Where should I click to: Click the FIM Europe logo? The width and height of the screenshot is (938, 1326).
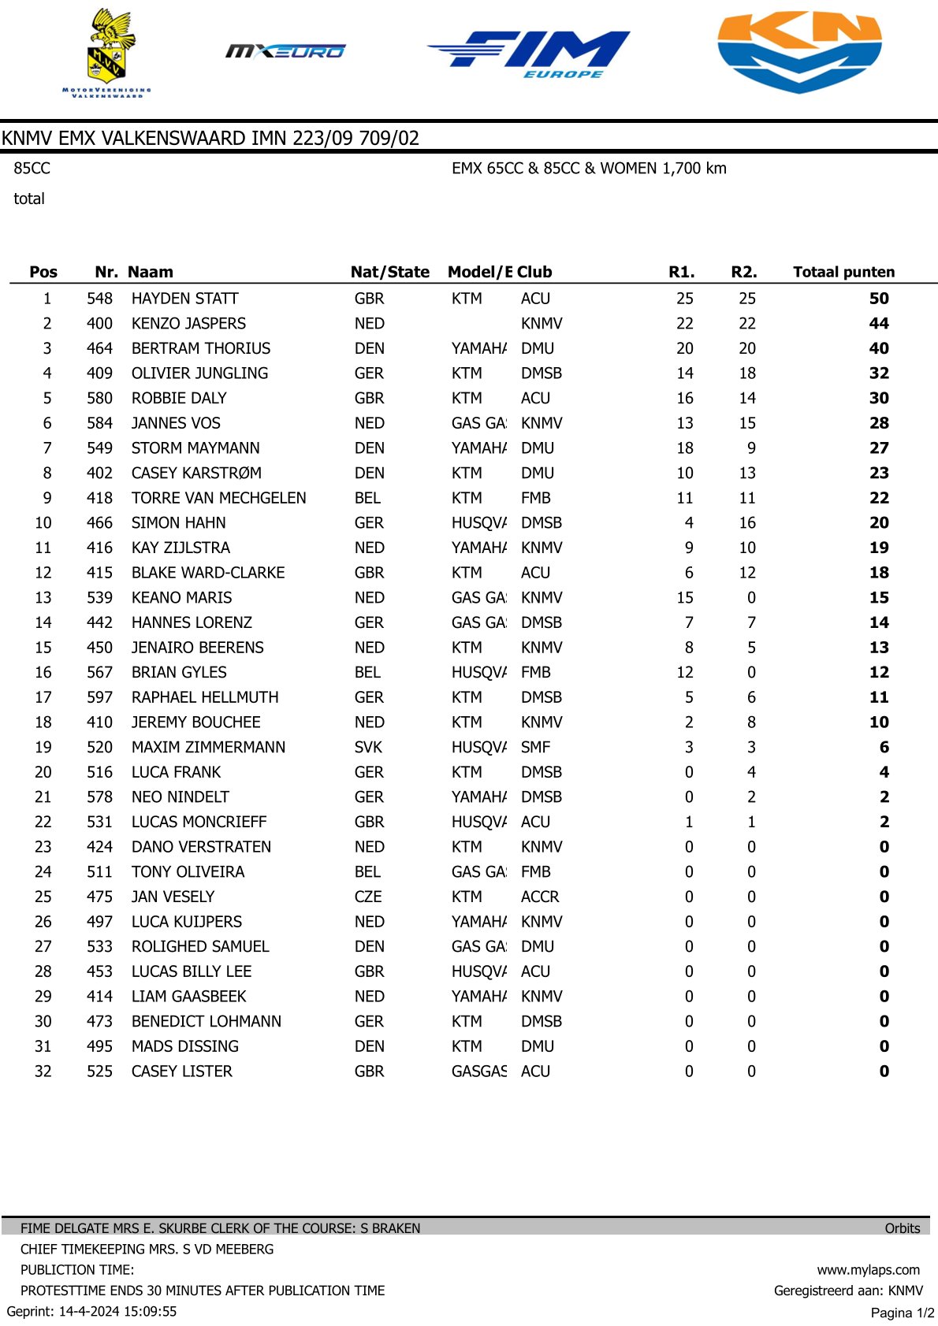pyautogui.click(x=529, y=54)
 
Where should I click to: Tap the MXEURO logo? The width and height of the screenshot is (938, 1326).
pyautogui.click(x=285, y=51)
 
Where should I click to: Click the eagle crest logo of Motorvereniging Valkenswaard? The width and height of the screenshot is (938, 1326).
pyautogui.click(x=106, y=52)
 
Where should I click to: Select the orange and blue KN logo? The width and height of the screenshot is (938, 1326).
pyautogui.click(x=799, y=51)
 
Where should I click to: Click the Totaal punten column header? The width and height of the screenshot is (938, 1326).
pyautogui.click(x=843, y=272)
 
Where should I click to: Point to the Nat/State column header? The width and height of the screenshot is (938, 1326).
pyautogui.click(x=389, y=272)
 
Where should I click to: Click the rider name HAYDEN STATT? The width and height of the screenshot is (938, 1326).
pyautogui.click(x=184, y=299)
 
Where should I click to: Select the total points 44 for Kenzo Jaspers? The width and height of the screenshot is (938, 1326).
pyautogui.click(x=878, y=324)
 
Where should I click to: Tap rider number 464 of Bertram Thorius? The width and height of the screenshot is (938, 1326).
pyautogui.click(x=99, y=348)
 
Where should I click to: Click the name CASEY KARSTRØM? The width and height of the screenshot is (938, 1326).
pyautogui.click(x=196, y=473)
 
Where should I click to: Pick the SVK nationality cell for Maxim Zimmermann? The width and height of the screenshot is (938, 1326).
pyautogui.click(x=368, y=747)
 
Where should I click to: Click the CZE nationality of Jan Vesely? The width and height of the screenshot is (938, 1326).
pyautogui.click(x=368, y=897)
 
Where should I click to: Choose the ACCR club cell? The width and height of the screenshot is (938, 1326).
pyautogui.click(x=540, y=897)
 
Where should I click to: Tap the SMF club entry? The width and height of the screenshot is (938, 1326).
pyautogui.click(x=535, y=747)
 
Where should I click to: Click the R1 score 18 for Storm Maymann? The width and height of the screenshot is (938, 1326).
pyautogui.click(x=685, y=448)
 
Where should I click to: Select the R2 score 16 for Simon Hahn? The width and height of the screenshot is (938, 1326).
pyautogui.click(x=747, y=523)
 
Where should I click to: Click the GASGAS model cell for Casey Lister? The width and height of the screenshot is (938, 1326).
pyautogui.click(x=478, y=1072)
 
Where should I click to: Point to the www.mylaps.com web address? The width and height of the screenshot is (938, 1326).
pyautogui.click(x=868, y=1269)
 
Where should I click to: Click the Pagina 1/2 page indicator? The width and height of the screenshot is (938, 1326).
pyautogui.click(x=902, y=1313)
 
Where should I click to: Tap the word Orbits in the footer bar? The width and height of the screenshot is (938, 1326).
pyautogui.click(x=902, y=1228)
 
